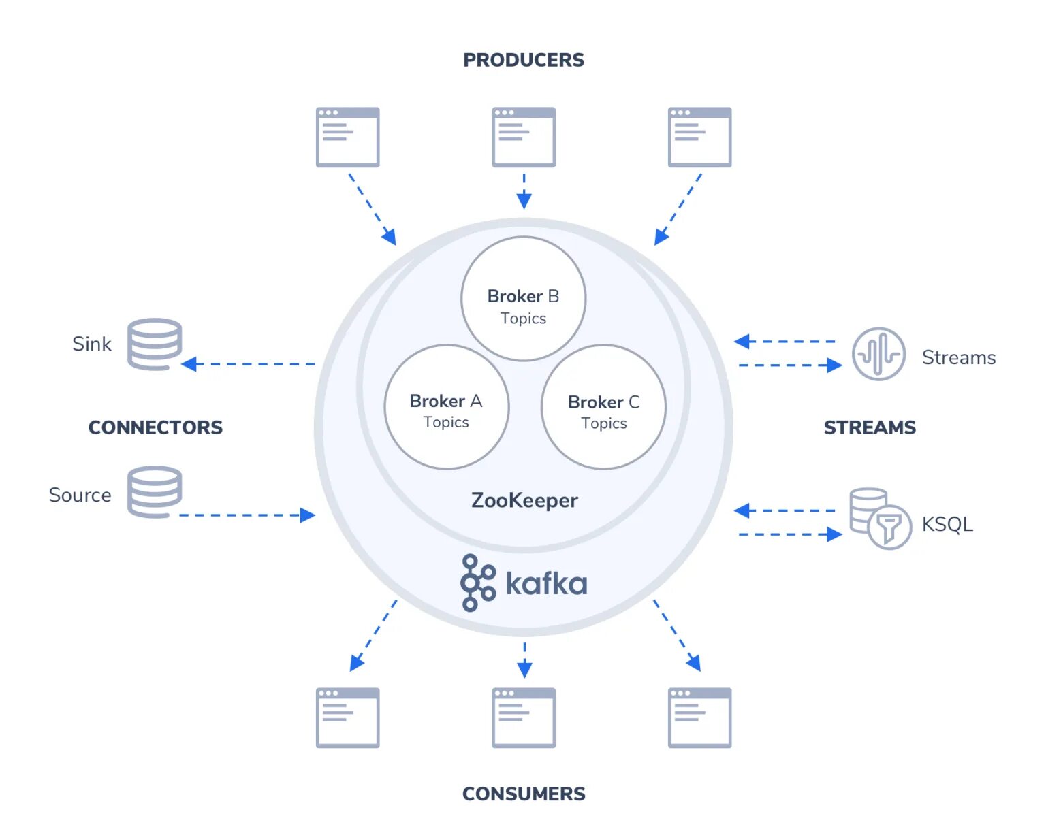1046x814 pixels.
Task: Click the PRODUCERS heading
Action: click(523, 60)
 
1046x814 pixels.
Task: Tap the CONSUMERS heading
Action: click(523, 794)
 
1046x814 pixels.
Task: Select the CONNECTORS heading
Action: click(155, 427)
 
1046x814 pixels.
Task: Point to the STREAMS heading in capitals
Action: click(870, 427)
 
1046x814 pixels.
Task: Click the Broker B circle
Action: click(523, 299)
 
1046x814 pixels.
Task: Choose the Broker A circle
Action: click(446, 407)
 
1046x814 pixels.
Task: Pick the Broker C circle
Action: click(603, 407)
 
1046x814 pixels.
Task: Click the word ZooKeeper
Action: click(524, 500)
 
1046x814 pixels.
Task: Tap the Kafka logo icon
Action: click(478, 583)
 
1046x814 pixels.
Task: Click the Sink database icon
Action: click(155, 344)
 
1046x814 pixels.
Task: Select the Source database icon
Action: click(155, 491)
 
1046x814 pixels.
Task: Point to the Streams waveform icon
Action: click(878, 354)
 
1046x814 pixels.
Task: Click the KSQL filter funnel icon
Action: click(889, 527)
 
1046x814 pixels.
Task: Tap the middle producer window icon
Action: click(523, 137)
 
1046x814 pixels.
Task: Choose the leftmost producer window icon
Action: click(347, 137)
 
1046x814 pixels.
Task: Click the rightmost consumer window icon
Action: click(699, 717)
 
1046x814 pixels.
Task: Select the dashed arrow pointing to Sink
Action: click(249, 364)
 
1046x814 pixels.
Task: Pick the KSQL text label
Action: click(947, 524)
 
